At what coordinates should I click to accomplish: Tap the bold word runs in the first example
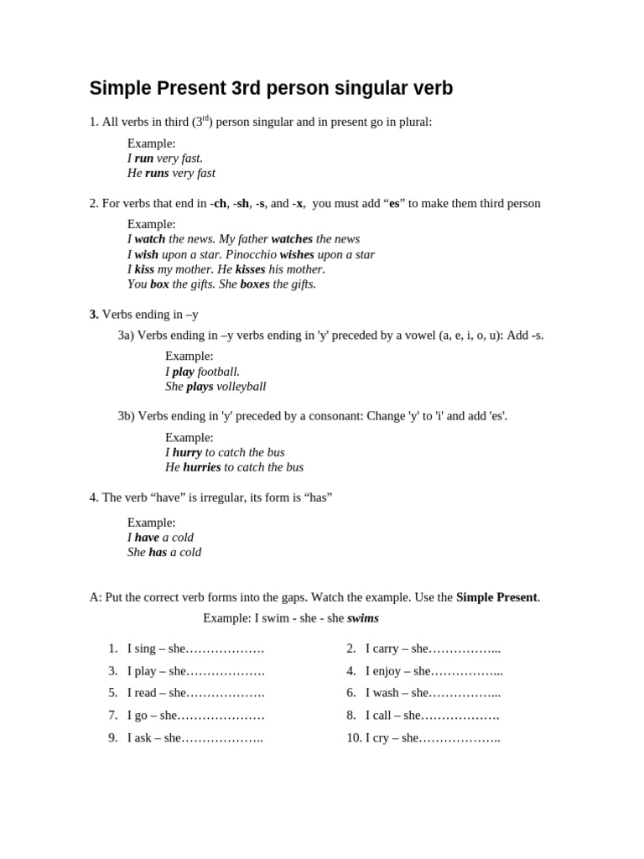157,173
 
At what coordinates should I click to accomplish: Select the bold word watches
292,239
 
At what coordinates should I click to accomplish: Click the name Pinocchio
251,254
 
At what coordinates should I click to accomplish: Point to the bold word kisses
250,269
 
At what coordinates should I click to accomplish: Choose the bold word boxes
255,284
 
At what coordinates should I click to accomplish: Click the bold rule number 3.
94,315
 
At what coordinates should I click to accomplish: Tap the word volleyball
241,387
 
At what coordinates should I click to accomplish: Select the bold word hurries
202,467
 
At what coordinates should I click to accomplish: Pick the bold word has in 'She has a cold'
158,552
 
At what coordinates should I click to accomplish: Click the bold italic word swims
363,618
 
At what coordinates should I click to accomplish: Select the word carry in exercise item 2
382,648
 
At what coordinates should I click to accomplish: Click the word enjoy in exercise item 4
386,671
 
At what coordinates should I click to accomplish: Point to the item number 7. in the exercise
112,716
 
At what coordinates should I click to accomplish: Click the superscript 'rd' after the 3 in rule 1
205,118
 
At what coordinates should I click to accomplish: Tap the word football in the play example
219,372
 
